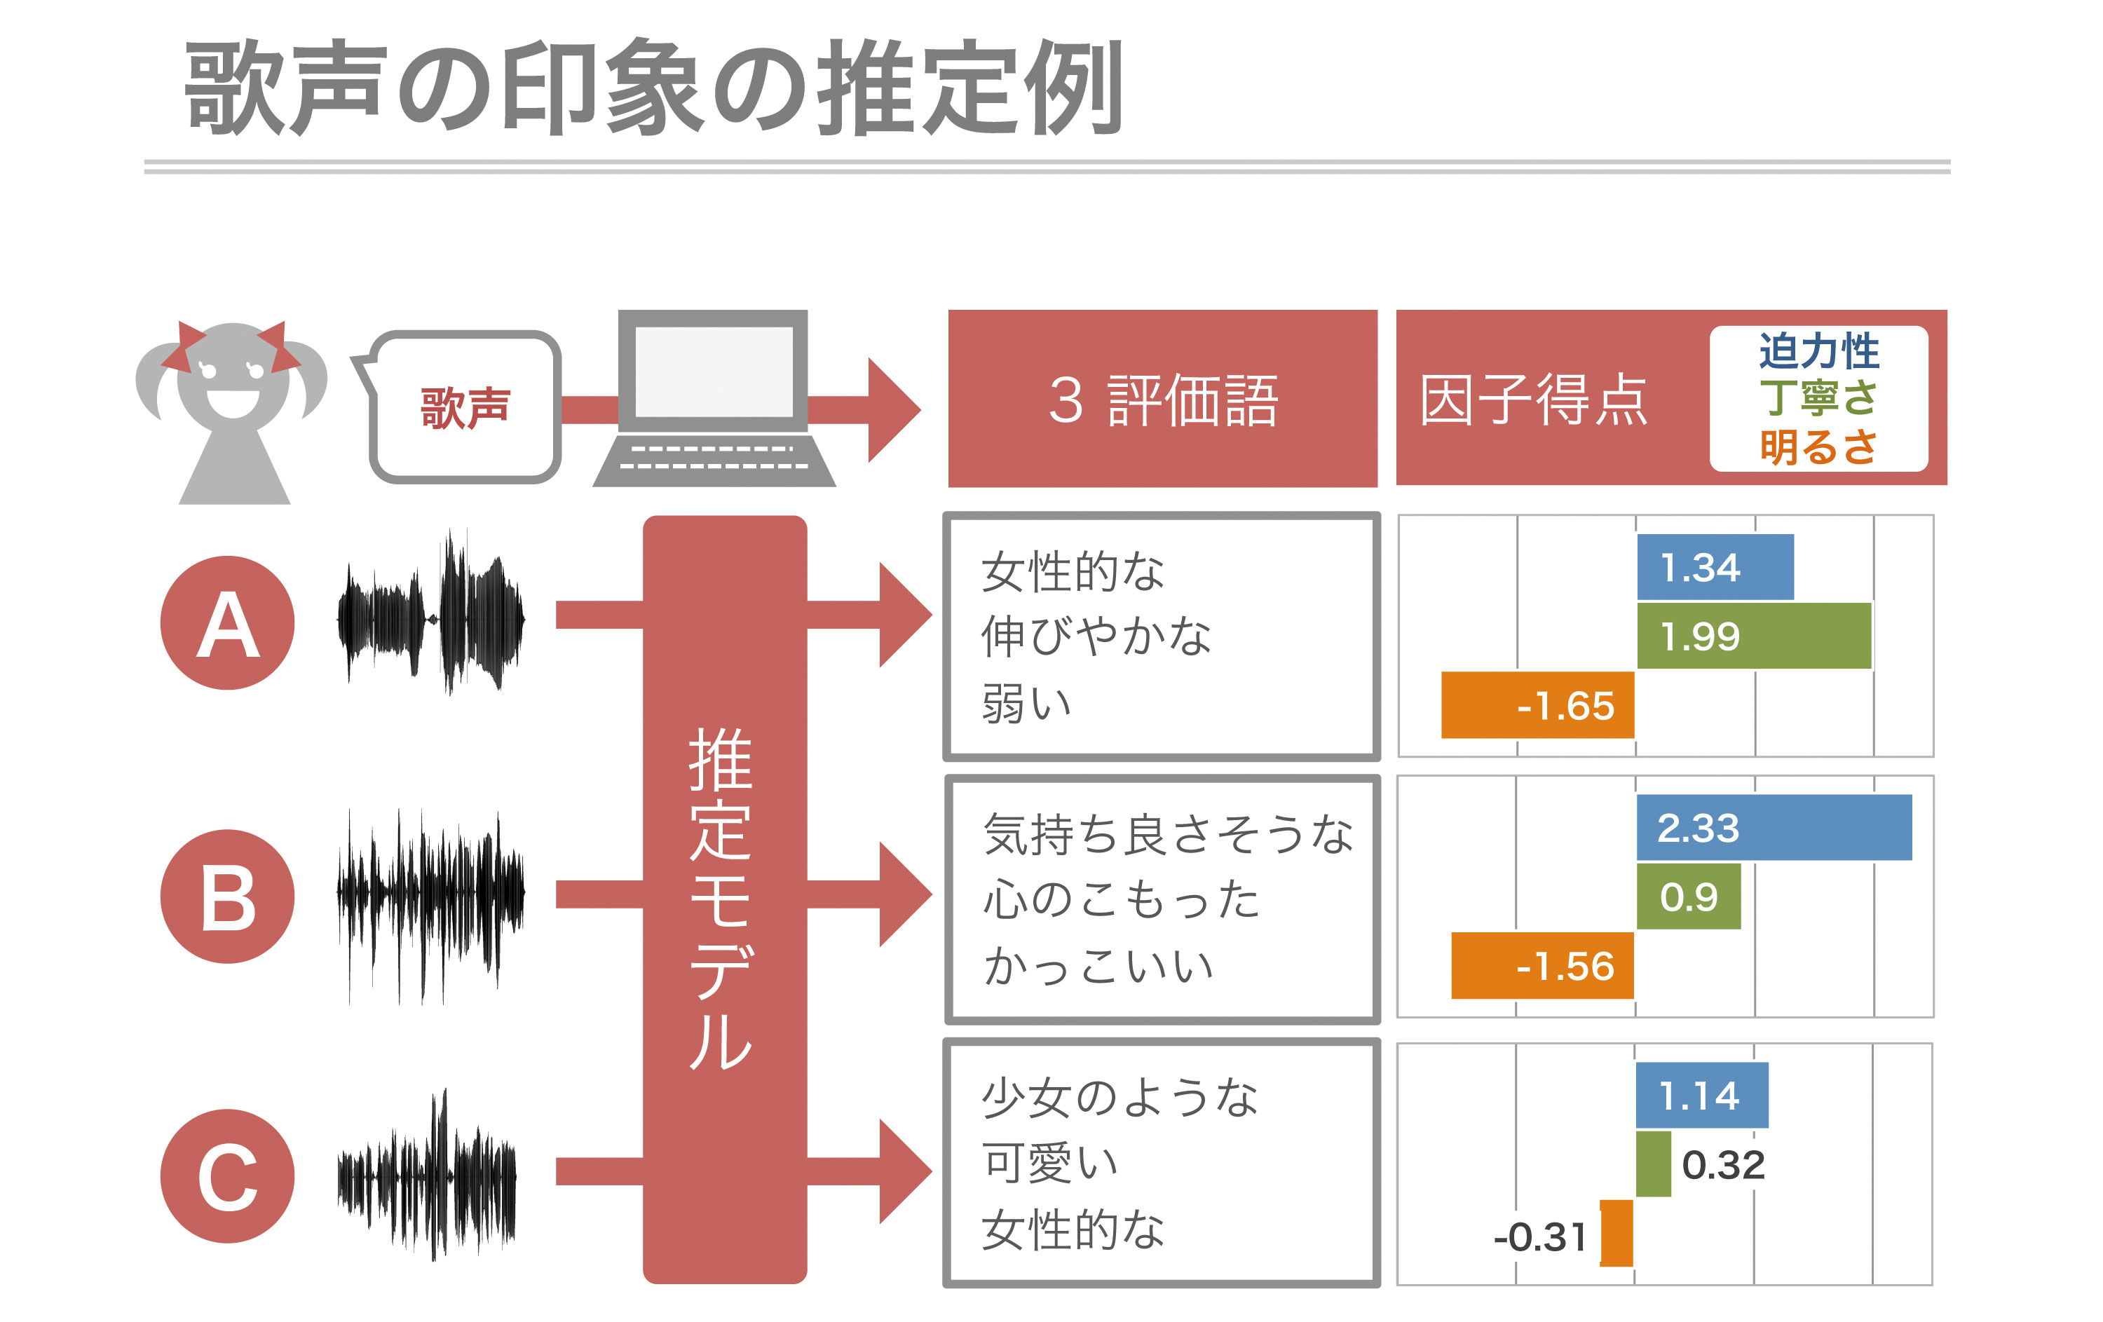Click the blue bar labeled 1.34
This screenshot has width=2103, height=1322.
pos(1715,566)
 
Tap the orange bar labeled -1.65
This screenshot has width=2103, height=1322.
pos(1537,704)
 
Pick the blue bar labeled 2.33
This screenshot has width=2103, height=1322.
pos(1774,827)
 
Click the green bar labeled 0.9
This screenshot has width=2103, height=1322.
pos(1688,896)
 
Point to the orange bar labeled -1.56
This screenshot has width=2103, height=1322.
pos(1542,965)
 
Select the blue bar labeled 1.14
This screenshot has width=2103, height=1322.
pos(1701,1095)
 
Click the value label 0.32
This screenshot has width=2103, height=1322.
pos(1723,1165)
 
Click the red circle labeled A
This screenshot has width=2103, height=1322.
pos(227,622)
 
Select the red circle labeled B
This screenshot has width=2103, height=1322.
pos(227,896)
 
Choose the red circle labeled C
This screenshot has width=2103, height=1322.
pos(227,1176)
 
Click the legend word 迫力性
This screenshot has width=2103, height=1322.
pos(1818,351)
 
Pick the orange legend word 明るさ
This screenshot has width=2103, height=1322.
pos(1818,447)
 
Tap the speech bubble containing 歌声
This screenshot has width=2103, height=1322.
pos(463,407)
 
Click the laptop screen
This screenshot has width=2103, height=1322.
pos(714,371)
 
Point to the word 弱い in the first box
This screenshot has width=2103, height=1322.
pos(1026,703)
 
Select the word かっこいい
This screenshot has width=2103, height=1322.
pos(1098,966)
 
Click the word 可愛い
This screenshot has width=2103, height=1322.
pos(1050,1162)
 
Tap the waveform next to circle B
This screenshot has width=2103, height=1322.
pos(430,906)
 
